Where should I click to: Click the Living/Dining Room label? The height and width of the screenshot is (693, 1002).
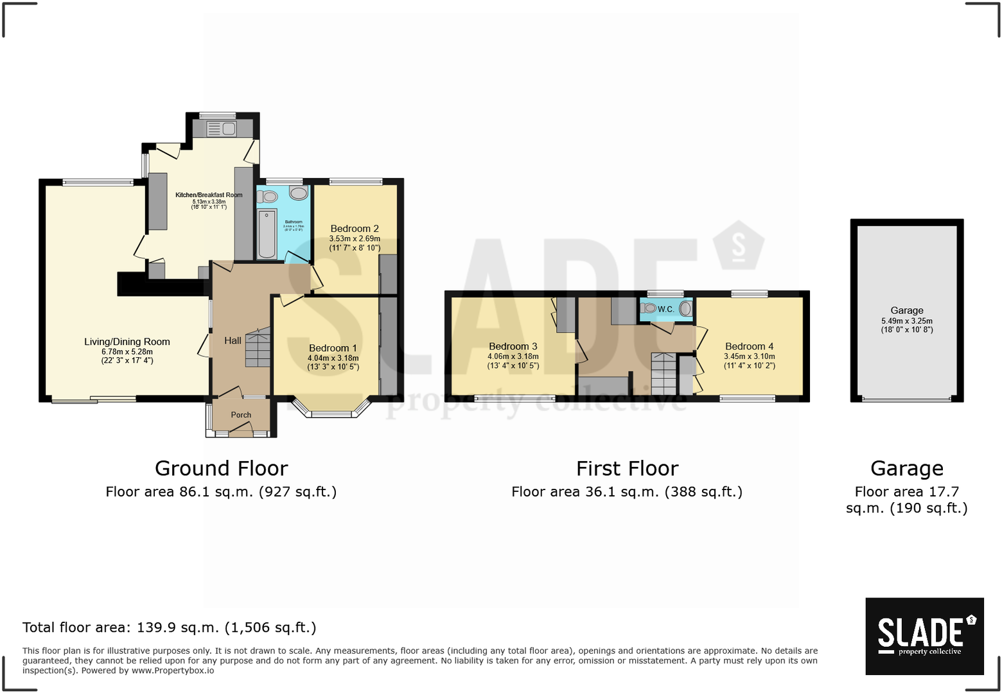point(127,342)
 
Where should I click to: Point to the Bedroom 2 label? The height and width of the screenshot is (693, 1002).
point(355,229)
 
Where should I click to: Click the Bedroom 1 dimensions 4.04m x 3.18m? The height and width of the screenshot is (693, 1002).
point(333,358)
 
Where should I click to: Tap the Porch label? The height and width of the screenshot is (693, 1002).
point(241,415)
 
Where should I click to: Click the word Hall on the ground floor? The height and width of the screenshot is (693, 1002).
point(233,340)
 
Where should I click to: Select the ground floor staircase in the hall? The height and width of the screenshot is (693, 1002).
point(258,349)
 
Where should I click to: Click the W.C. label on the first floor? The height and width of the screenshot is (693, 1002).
point(666,310)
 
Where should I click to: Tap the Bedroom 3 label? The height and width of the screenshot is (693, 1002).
point(513,346)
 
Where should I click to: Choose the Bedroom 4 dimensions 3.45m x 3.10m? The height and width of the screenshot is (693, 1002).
point(749,356)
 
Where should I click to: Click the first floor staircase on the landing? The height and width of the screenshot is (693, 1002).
point(664,374)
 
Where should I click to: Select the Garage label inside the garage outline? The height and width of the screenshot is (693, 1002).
point(906,310)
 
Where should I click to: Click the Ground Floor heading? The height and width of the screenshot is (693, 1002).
point(221,468)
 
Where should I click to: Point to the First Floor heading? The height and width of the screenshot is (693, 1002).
point(627,468)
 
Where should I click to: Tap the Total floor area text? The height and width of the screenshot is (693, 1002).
point(170,627)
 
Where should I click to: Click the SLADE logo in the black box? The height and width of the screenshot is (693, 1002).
point(924,635)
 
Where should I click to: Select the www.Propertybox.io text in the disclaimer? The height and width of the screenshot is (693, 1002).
point(173,671)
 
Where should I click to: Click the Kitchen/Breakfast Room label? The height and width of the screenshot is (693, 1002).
point(209,195)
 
